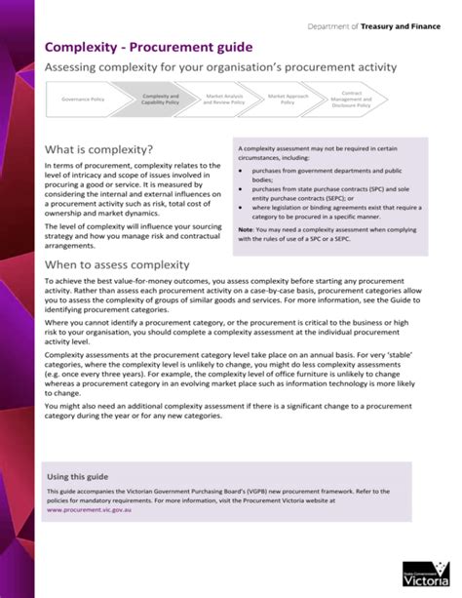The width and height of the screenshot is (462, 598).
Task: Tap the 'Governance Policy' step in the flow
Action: [x=84, y=100]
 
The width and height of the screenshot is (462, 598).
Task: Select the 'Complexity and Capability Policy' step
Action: [x=161, y=100]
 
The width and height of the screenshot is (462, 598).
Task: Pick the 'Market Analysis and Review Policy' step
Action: [x=222, y=100]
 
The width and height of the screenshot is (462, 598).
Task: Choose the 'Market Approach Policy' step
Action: [x=288, y=100]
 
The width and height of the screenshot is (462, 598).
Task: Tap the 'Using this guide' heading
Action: [x=79, y=476]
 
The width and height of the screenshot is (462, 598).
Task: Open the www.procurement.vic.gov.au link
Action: [x=96, y=509]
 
